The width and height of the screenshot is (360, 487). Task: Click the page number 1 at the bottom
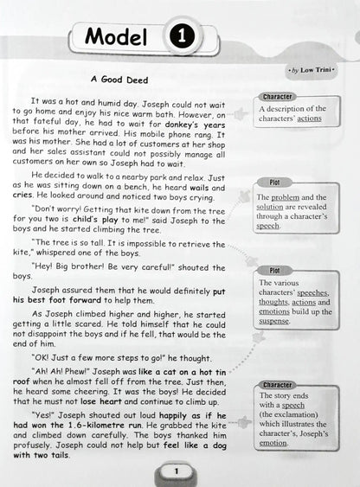click(x=176, y=471)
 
